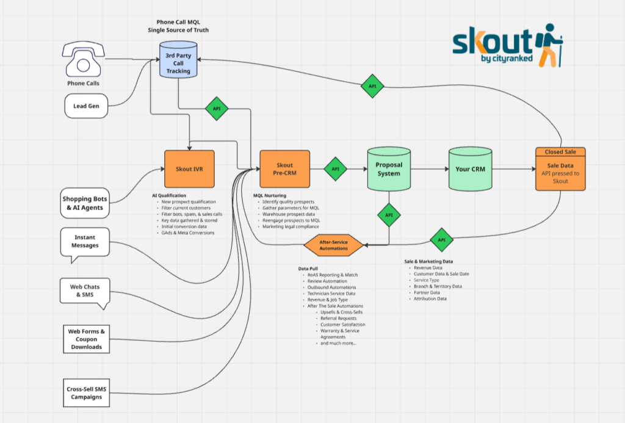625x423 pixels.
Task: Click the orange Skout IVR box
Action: click(189, 169)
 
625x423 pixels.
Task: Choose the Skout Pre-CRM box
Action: click(284, 169)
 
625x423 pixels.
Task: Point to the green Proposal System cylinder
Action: click(389, 169)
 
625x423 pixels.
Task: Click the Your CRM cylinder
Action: click(470, 169)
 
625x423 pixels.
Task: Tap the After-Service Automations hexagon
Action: click(333, 245)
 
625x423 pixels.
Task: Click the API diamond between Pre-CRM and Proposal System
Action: click(335, 169)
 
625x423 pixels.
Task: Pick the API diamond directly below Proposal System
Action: click(389, 215)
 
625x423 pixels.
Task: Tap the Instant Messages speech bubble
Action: click(85, 242)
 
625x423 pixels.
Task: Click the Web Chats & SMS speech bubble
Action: click(84, 291)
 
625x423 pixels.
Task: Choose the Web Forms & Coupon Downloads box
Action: click(86, 339)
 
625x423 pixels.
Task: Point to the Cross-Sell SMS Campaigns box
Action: click(85, 393)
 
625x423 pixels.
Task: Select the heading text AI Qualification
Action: click(169, 195)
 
